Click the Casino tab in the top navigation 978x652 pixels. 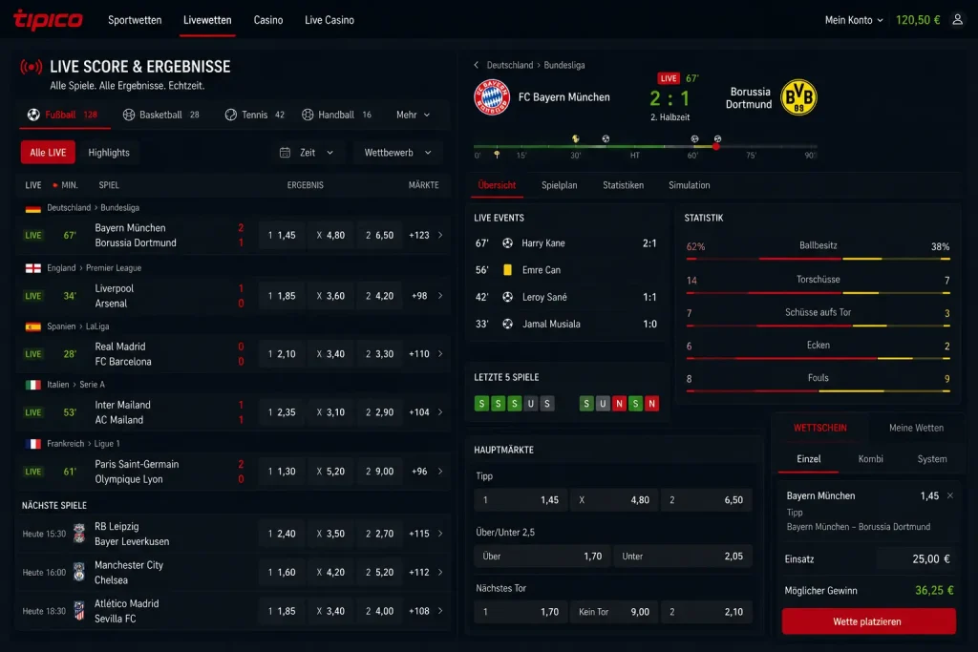click(268, 20)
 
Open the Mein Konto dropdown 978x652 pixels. click(853, 20)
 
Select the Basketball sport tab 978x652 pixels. click(160, 115)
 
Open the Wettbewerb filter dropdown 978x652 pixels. click(397, 153)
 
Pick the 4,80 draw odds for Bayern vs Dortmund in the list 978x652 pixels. click(330, 235)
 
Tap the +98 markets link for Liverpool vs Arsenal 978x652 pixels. click(419, 296)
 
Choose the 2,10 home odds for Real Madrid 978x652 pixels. click(282, 354)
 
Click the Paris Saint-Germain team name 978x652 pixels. click(137, 464)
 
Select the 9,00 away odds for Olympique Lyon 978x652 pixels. click(379, 472)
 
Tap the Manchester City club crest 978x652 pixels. click(79, 572)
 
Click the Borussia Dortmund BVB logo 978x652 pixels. click(798, 97)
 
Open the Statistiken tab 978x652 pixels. click(623, 185)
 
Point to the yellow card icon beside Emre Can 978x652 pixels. click(508, 270)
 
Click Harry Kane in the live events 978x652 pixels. click(543, 243)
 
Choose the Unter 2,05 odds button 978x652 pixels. click(683, 556)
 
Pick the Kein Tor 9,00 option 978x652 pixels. click(614, 612)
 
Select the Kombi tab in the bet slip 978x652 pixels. click(870, 459)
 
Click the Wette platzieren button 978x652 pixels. click(868, 621)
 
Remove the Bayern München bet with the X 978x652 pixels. click(950, 495)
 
